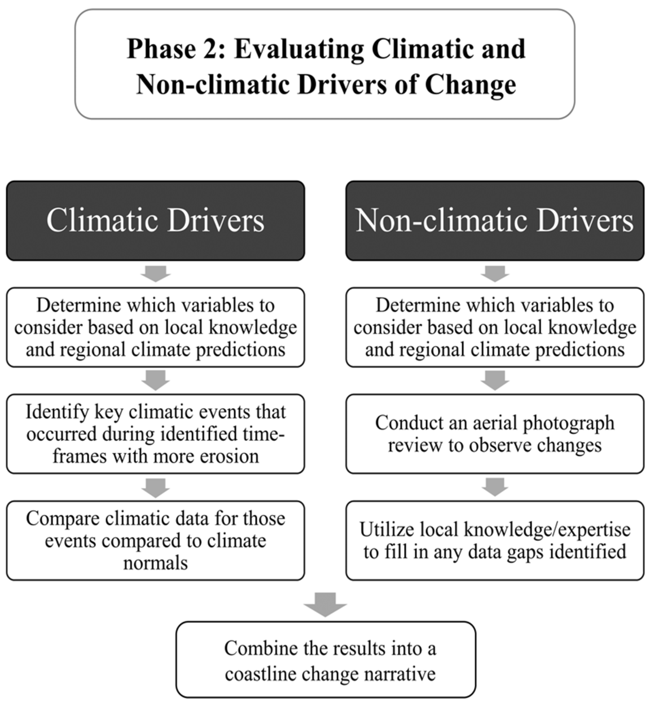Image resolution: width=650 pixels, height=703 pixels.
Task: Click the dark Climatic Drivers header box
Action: (x=155, y=221)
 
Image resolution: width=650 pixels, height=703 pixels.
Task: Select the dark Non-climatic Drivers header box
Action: (x=495, y=221)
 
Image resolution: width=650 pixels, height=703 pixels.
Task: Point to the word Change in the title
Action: (x=470, y=84)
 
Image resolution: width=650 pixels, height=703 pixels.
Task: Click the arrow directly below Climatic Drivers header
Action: (x=155, y=273)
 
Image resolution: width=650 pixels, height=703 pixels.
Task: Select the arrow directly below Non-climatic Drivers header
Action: (x=495, y=273)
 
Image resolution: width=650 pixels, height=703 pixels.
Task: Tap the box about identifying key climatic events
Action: (x=155, y=434)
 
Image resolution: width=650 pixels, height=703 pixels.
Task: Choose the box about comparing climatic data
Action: (x=155, y=541)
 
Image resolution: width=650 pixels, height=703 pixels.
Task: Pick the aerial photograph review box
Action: (x=495, y=434)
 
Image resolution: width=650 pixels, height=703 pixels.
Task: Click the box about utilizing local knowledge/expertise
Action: (x=495, y=541)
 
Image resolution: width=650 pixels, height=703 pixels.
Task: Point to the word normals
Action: (x=155, y=563)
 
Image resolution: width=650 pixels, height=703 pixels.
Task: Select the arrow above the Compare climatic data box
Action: (x=155, y=487)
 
